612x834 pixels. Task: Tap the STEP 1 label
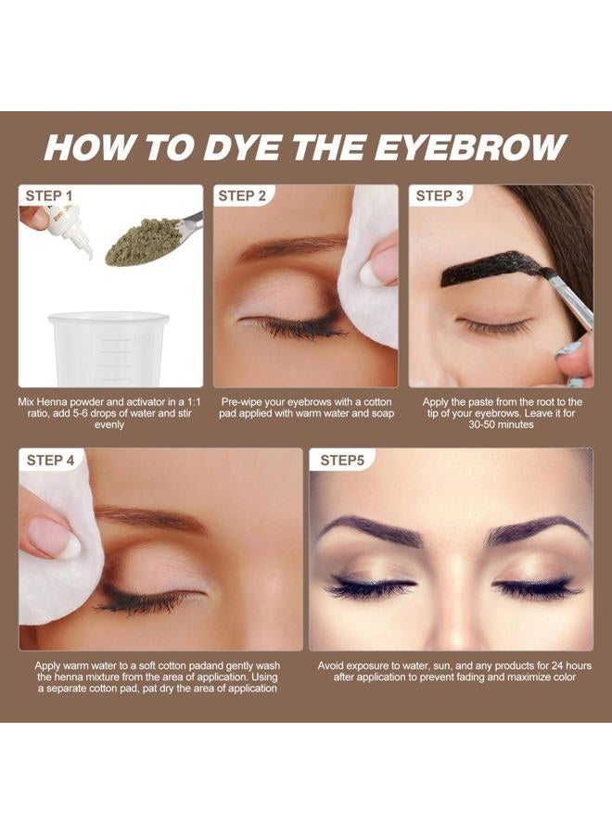pos(49,196)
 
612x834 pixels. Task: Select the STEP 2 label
pos(242,196)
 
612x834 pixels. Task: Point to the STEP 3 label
pos(440,196)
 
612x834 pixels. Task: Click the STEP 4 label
pos(51,460)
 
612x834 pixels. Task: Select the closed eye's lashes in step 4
pos(139,603)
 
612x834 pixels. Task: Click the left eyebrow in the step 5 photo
pos(371,531)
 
